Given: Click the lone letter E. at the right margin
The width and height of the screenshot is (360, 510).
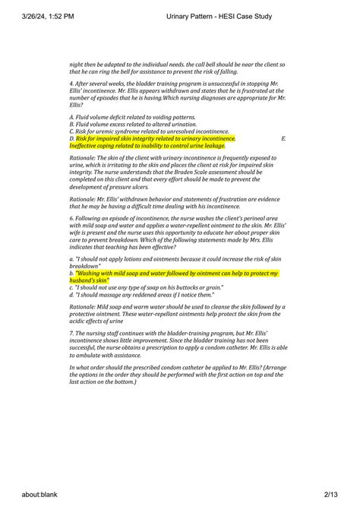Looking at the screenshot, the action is click(283, 139).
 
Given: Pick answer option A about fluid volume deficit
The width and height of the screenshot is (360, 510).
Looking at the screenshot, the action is click(132, 118).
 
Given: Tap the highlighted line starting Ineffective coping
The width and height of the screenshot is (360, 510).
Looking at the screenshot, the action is click(151, 146).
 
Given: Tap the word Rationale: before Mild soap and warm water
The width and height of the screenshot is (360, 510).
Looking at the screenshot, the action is click(84, 307).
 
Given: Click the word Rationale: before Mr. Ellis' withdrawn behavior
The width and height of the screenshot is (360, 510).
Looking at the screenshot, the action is click(84, 199).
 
